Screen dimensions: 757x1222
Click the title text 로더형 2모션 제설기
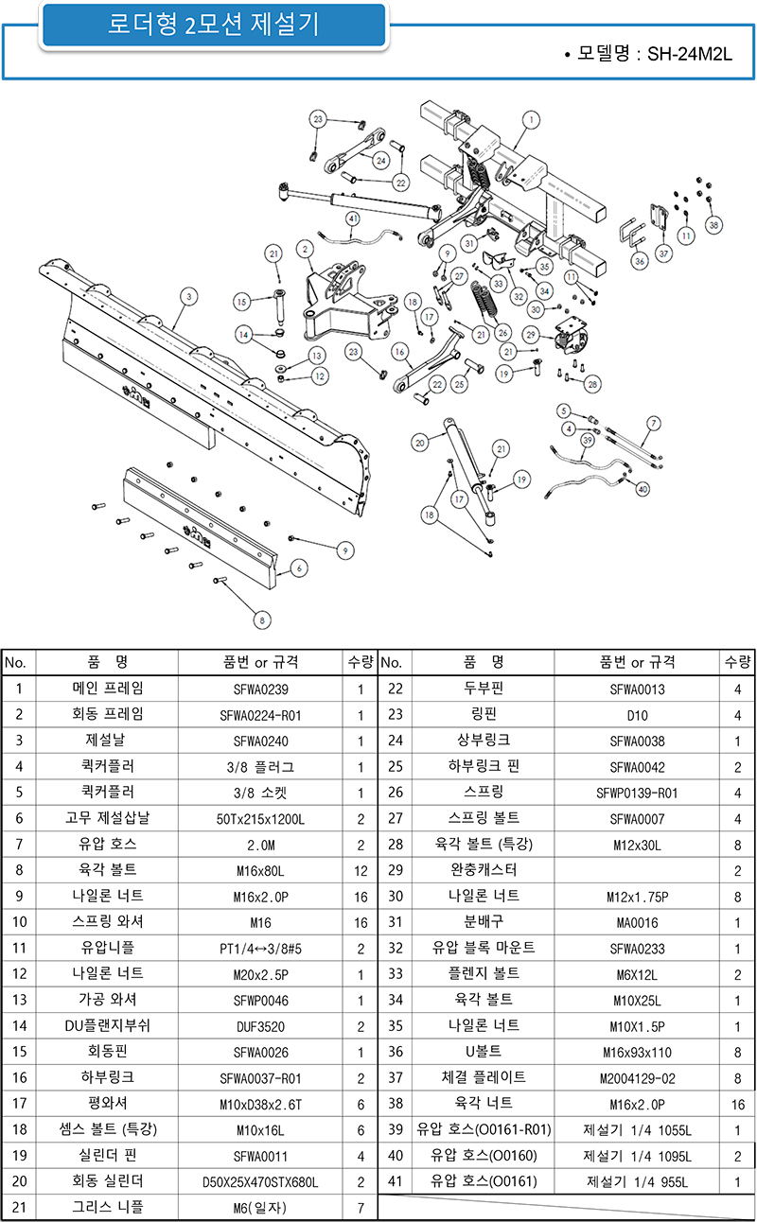(214, 24)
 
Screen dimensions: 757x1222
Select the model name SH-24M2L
(689, 54)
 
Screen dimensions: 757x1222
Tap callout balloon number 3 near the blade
(189, 297)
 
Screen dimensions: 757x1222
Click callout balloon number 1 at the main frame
(531, 120)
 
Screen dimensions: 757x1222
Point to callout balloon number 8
(262, 620)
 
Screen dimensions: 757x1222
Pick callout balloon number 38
(713, 225)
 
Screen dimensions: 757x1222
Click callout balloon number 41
(353, 218)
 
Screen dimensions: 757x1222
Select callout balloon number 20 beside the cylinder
(420, 443)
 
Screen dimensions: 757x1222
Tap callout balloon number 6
(299, 568)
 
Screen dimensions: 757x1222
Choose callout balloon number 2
(305, 250)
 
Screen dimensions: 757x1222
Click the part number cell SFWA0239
(261, 690)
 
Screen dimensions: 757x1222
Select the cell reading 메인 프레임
(108, 689)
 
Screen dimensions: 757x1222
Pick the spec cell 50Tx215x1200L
(261, 819)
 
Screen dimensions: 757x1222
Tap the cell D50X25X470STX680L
(260, 1182)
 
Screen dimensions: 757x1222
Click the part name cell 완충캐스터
(484, 870)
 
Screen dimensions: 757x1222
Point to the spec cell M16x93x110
(637, 1053)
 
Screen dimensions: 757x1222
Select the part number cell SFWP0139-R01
(637, 794)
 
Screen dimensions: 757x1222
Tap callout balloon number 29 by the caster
(531, 335)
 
